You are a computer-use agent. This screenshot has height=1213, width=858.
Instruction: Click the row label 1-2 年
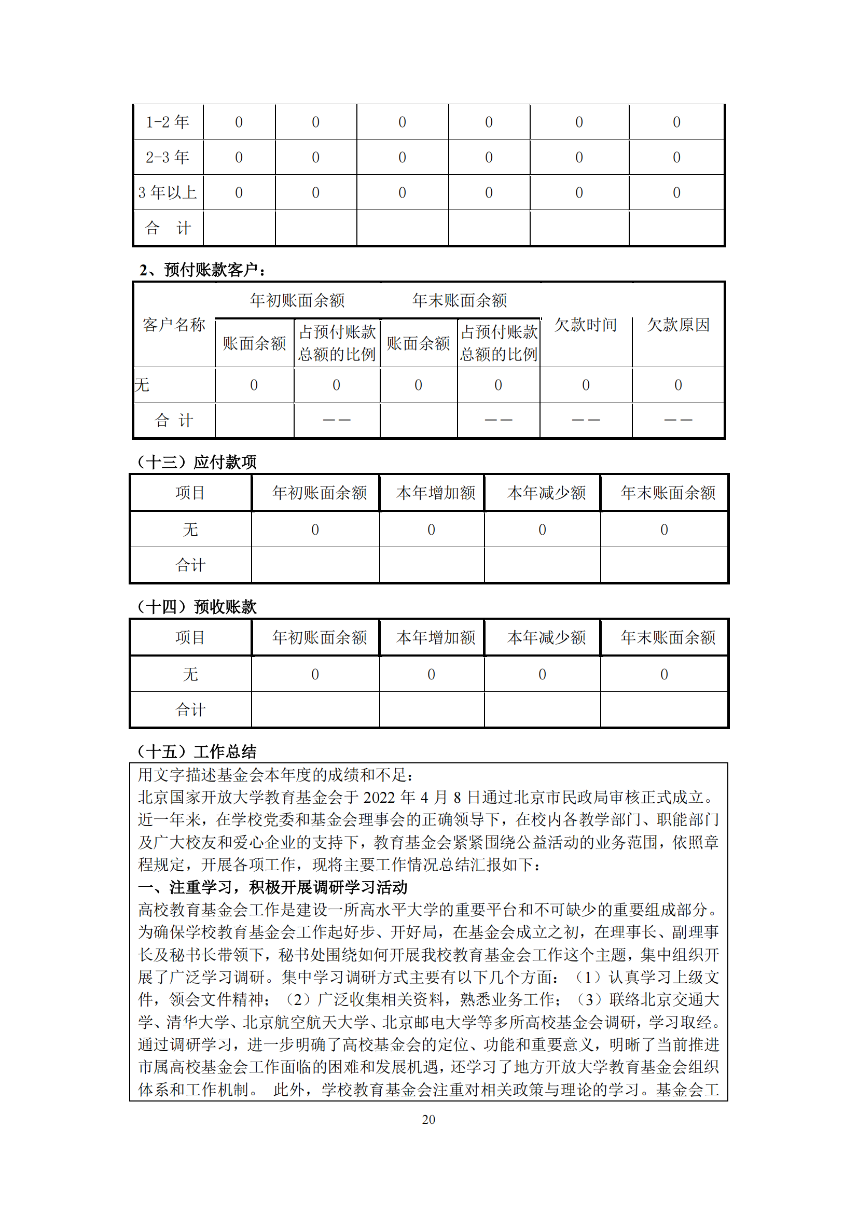pyautogui.click(x=168, y=122)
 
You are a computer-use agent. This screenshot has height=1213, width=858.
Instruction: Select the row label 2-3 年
pyautogui.click(x=168, y=157)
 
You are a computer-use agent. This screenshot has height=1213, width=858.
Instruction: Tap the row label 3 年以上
pyautogui.click(x=168, y=192)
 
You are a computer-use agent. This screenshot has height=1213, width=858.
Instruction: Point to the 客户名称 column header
pyautogui.click(x=174, y=324)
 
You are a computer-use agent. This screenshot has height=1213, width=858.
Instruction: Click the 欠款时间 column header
pyautogui.click(x=585, y=324)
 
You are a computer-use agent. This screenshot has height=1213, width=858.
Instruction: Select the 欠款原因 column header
pyautogui.click(x=679, y=324)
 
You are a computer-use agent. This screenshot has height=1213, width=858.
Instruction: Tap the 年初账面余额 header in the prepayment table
pyautogui.click(x=297, y=301)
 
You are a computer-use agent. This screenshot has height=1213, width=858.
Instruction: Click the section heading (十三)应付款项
pyautogui.click(x=197, y=462)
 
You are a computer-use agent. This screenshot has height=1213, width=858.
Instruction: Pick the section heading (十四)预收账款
pyautogui.click(x=197, y=607)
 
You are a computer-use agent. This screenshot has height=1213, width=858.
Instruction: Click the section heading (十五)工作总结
pyautogui.click(x=197, y=751)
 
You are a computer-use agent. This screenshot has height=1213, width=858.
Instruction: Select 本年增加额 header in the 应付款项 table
pyautogui.click(x=436, y=493)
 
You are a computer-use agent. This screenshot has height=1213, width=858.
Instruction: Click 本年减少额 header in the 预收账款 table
pyautogui.click(x=547, y=638)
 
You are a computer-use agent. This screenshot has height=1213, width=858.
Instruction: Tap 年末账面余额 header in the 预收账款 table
pyautogui.click(x=668, y=638)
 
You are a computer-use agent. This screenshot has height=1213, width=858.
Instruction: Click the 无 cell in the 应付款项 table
pyautogui.click(x=190, y=529)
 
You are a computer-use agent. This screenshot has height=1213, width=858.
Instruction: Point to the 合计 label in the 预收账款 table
pyautogui.click(x=190, y=709)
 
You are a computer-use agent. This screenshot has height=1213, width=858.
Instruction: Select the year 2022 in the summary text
pyautogui.click(x=379, y=797)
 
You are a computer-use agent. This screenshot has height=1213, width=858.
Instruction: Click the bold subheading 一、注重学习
pyautogui.click(x=273, y=887)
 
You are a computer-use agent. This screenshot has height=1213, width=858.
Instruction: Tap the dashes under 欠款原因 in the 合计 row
pyautogui.click(x=678, y=420)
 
